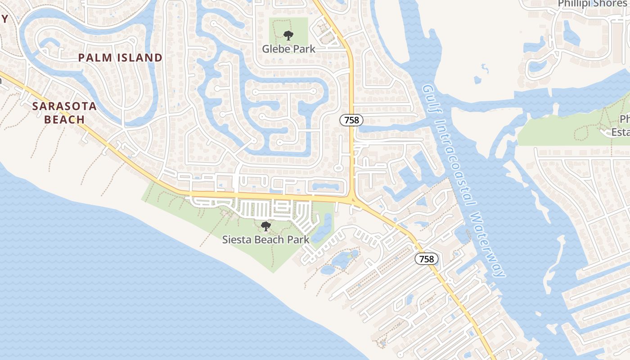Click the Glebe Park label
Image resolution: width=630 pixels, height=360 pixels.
pyautogui.click(x=288, y=49)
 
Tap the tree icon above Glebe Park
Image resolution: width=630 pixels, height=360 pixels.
pyautogui.click(x=288, y=35)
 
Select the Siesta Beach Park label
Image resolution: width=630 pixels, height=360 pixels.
pyautogui.click(x=265, y=239)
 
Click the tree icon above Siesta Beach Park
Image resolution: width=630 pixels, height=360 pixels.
pyautogui.click(x=266, y=226)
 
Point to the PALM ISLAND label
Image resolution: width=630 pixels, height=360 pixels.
pyautogui.click(x=120, y=58)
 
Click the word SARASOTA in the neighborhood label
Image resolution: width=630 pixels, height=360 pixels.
pyautogui.click(x=64, y=106)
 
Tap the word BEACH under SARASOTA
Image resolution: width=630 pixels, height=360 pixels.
pyautogui.click(x=64, y=120)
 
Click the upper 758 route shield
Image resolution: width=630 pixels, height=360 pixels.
pyautogui.click(x=351, y=120)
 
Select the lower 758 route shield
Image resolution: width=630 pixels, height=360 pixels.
pyautogui.click(x=426, y=259)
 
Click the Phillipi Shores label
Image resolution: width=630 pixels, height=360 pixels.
pyautogui.click(x=591, y=4)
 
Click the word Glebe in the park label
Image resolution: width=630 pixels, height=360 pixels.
pyautogui.click(x=277, y=49)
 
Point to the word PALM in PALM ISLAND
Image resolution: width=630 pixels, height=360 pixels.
pyautogui.click(x=94, y=58)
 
